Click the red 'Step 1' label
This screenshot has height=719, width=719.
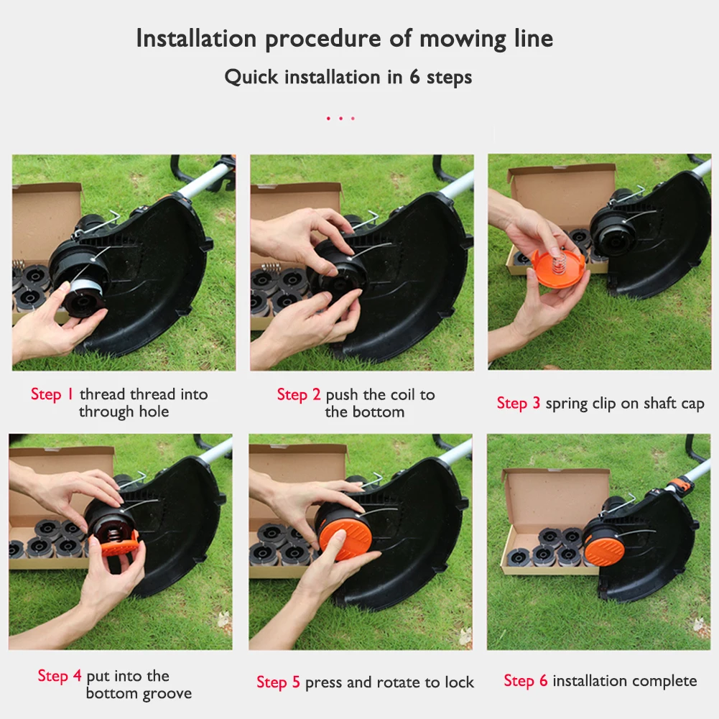coord(52,394)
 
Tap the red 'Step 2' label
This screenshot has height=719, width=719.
coord(299,394)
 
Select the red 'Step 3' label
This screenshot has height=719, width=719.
coord(518,404)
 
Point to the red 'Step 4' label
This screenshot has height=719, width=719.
coord(60,676)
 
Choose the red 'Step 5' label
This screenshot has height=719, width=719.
coord(278,682)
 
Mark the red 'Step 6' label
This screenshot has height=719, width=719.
coord(525,681)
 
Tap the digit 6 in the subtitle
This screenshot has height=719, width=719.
coord(414,77)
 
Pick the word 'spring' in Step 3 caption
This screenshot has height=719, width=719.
coord(567,404)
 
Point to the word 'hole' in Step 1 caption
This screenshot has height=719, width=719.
coord(154,412)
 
